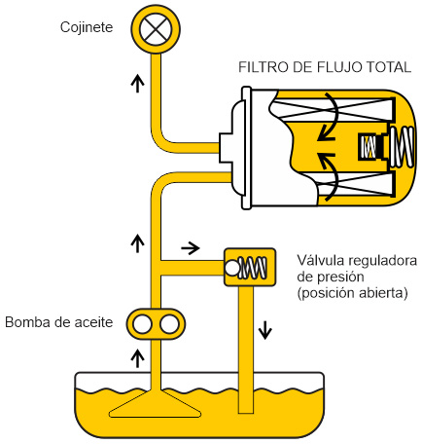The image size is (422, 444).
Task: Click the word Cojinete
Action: (x=87, y=27)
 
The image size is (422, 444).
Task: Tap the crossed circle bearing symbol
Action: (x=156, y=28)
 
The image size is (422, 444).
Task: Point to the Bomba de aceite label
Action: (x=59, y=322)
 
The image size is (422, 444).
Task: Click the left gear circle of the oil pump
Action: (x=142, y=324)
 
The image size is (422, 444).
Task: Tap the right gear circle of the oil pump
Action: (x=169, y=324)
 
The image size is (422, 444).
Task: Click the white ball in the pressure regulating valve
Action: (x=232, y=268)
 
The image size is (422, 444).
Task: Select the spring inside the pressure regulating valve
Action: (x=253, y=268)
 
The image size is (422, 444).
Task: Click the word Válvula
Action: (x=320, y=261)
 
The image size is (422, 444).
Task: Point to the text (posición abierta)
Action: (x=353, y=293)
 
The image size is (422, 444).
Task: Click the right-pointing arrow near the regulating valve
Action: (x=191, y=248)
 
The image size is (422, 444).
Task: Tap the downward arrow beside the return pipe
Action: (x=265, y=330)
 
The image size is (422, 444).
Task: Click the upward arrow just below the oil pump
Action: (x=138, y=358)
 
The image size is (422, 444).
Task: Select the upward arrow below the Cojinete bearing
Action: (x=138, y=83)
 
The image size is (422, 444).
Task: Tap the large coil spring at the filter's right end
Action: (x=402, y=147)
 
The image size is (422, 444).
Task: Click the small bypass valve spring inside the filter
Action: (x=369, y=147)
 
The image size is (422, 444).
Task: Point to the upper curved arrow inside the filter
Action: (x=329, y=117)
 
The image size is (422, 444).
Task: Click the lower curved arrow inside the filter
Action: (x=329, y=176)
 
